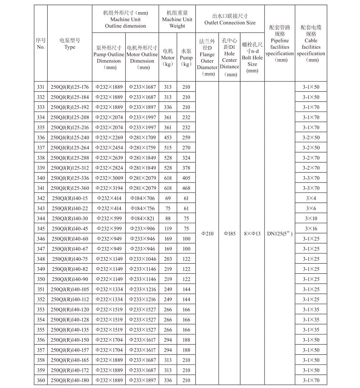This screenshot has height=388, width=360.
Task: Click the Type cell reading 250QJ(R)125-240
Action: pos(70,138)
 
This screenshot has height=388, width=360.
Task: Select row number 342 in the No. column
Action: pos(41,198)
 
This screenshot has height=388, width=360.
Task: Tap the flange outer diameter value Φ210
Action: pos(207,234)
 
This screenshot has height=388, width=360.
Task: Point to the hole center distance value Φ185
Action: pos(230,234)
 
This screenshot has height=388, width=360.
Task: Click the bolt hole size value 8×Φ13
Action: pos(252,234)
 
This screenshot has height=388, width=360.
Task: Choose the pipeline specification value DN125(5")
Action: pos(280,234)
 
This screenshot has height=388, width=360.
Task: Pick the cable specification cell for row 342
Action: pos(311,198)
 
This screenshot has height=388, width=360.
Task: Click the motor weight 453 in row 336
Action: pos(168,138)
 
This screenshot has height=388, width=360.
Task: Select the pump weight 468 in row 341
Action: pos(186,188)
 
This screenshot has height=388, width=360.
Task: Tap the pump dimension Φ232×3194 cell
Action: pos(109,188)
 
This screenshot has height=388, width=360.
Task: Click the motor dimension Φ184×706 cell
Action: pos(142,198)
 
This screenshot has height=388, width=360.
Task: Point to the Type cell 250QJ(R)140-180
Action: pos(70,380)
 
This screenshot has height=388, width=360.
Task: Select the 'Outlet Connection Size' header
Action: pos(230,19)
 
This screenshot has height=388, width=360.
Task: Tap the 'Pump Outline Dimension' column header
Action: pos(109,57)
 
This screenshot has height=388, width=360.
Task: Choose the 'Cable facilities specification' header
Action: pos(311,43)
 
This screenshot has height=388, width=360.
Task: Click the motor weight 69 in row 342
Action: pos(168,198)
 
